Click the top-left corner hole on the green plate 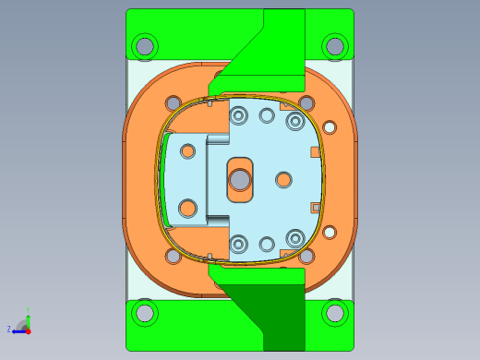(x=145, y=45)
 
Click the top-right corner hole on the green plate (x=335, y=45)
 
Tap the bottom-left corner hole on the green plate (x=145, y=313)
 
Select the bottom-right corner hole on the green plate (x=335, y=313)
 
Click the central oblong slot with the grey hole (x=240, y=179)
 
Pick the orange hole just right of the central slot (x=284, y=179)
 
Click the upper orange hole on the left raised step (x=187, y=150)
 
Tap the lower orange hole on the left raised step (x=187, y=209)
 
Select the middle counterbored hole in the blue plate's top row (x=267, y=115)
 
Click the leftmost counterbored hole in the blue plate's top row (x=239, y=115)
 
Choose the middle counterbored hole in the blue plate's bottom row (x=267, y=244)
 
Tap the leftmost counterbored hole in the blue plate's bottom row (x=239, y=244)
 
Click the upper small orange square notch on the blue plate (x=315, y=151)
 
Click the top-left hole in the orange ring (x=173, y=102)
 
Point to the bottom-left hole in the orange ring (x=173, y=258)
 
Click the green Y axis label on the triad (x=29, y=311)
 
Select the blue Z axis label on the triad (x=9, y=329)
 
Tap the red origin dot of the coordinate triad (x=28, y=330)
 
